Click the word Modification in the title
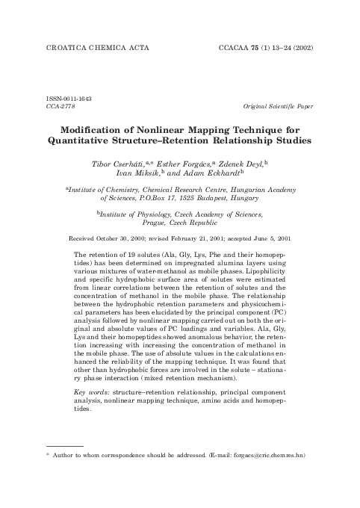114,128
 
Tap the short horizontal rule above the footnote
64,445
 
